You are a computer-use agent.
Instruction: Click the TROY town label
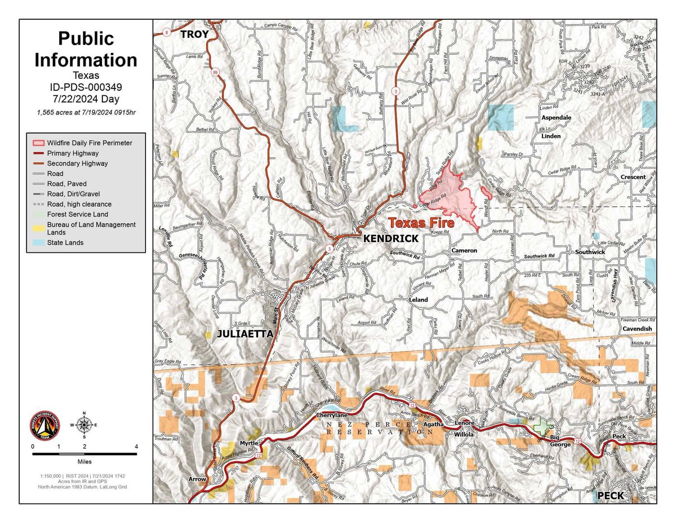tap(194, 35)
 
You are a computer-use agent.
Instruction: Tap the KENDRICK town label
tap(390, 238)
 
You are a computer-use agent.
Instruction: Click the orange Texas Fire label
tap(421, 223)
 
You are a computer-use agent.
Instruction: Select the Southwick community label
tap(589, 252)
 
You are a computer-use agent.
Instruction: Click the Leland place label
tap(418, 300)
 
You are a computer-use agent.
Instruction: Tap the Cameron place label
tap(464, 250)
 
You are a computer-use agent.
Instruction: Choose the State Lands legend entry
tap(65, 243)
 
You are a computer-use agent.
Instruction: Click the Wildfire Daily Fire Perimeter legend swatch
tap(38, 143)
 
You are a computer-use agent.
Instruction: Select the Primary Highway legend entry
tap(73, 153)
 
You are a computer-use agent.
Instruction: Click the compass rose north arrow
tap(84, 417)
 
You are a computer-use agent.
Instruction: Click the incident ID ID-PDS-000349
tap(86, 87)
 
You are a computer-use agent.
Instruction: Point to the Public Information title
tap(86, 49)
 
